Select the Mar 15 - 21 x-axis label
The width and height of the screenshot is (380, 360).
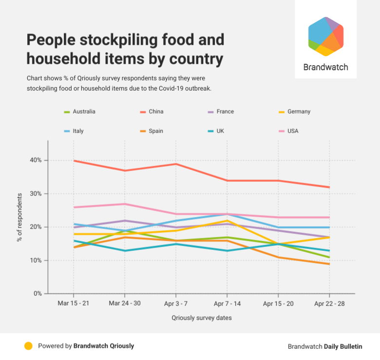tap(74, 303)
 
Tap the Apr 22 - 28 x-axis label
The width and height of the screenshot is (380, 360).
tap(329, 303)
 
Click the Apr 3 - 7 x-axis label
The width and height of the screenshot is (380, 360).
tap(176, 303)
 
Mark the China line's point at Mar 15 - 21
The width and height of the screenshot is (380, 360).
tap(74, 160)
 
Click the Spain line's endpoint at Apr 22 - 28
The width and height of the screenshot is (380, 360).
tap(329, 264)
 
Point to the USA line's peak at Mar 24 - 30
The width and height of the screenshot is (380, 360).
tap(125, 204)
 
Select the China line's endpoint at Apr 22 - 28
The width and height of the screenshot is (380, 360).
tap(329, 187)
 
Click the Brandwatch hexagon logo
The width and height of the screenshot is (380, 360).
tap(326, 37)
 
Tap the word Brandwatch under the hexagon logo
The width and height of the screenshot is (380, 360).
tap(325, 67)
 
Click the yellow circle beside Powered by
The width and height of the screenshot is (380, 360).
tap(28, 346)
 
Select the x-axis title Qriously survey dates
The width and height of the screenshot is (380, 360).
tap(201, 318)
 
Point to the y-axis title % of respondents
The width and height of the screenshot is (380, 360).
tap(20, 217)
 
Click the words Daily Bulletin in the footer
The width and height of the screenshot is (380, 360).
tap(344, 346)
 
